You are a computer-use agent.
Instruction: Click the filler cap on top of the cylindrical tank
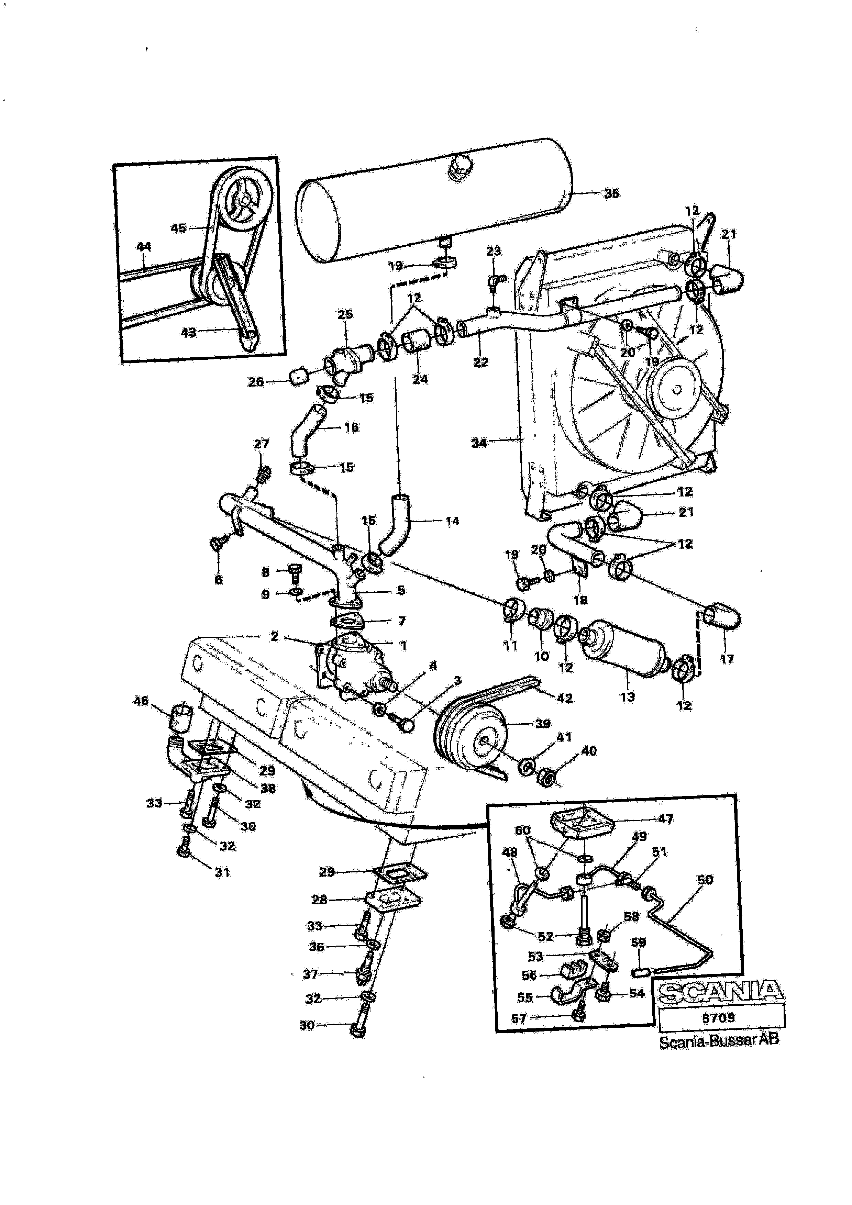point(459,167)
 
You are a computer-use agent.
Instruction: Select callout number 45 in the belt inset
point(178,228)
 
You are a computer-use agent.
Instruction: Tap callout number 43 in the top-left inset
point(188,332)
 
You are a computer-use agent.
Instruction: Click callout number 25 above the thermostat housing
point(345,314)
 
